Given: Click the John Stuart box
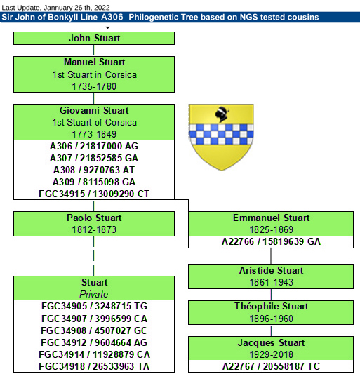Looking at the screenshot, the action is (x=94, y=38).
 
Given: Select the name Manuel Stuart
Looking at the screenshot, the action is (x=94, y=62).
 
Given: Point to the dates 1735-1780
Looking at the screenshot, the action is (x=94, y=86).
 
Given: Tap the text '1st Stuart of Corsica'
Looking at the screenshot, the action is (x=94, y=122).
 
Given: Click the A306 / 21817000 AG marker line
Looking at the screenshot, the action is (x=94, y=146).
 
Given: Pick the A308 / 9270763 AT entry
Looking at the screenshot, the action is (x=94, y=170).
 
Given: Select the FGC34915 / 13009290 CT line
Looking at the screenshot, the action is (x=94, y=194).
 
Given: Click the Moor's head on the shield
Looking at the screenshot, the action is (x=222, y=114).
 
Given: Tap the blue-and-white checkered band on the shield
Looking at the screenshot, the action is (x=221, y=134).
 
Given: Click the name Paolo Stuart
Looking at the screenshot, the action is (x=94, y=218).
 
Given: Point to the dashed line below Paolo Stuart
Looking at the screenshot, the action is (x=93, y=256).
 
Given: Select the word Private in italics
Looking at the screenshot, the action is (x=94, y=294).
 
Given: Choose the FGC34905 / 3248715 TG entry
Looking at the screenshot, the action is (x=94, y=306).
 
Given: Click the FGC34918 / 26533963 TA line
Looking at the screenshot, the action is (x=94, y=366).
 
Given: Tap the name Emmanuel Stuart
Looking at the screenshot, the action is (x=272, y=218).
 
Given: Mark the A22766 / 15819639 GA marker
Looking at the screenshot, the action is (x=271, y=241).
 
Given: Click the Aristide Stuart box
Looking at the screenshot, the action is (x=271, y=276).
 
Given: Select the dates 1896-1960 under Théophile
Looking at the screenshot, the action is (x=272, y=319).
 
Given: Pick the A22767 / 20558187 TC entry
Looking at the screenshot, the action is (x=271, y=366).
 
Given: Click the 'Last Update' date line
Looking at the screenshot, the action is (x=55, y=8).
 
